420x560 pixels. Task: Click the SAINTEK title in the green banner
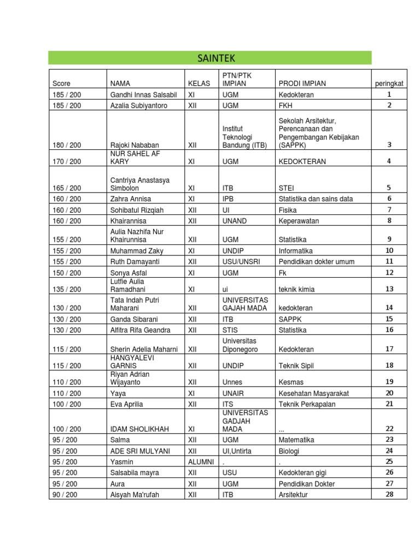pos(210,58)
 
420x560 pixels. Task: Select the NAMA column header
pos(120,84)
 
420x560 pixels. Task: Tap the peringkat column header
pos(389,84)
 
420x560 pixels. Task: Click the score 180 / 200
pos(67,145)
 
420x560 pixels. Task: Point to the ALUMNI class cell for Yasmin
pos(201,462)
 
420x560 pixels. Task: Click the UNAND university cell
pos(235,221)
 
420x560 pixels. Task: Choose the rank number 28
pos(389,494)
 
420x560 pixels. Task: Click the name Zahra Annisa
pos(131,199)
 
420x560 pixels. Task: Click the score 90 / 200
pos(65,494)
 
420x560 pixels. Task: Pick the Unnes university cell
pos(233,382)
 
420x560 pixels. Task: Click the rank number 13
pos(389,289)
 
